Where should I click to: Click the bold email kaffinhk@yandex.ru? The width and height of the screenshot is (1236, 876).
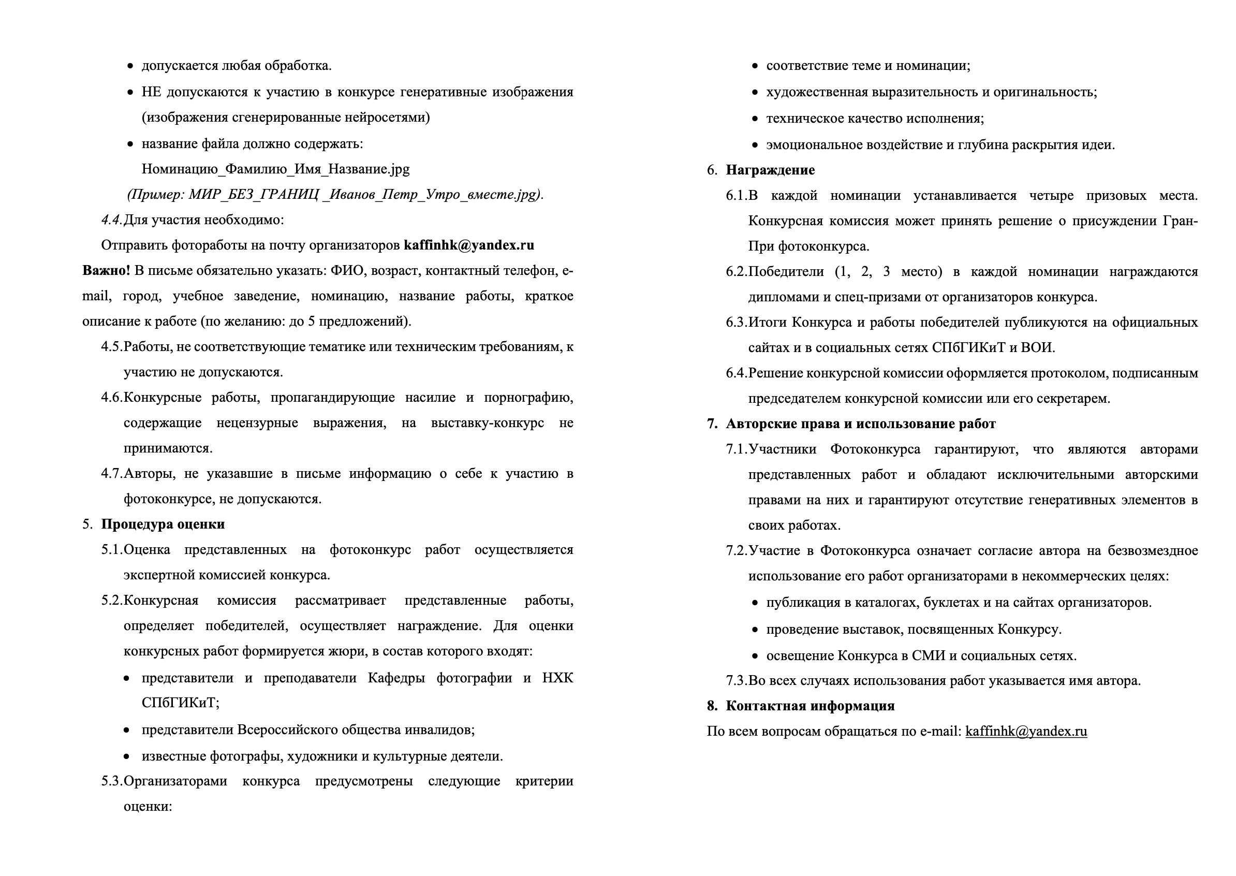click(x=468, y=245)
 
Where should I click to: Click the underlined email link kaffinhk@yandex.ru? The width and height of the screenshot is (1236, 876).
click(x=1026, y=732)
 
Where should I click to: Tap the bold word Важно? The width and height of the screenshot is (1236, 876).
click(x=106, y=271)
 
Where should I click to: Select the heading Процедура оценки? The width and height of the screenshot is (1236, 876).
click(x=163, y=524)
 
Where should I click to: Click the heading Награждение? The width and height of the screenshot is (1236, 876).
click(x=770, y=170)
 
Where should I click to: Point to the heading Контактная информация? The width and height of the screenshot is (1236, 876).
click(x=810, y=706)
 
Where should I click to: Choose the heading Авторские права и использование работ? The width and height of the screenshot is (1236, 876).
click(x=861, y=424)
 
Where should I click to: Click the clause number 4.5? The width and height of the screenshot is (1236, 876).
click(x=112, y=347)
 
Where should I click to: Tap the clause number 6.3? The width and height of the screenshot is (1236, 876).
click(x=737, y=323)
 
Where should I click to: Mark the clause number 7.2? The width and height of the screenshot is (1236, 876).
click(x=737, y=551)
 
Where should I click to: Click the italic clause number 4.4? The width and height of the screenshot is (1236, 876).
click(x=112, y=220)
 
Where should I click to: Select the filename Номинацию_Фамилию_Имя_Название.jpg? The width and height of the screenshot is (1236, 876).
click(x=275, y=169)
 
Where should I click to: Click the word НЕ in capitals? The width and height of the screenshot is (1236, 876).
click(x=151, y=92)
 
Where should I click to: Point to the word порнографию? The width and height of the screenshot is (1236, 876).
click(x=528, y=398)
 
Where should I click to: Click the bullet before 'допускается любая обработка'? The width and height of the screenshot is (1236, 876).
click(x=130, y=66)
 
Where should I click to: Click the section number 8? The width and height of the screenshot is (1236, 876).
click(x=712, y=706)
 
